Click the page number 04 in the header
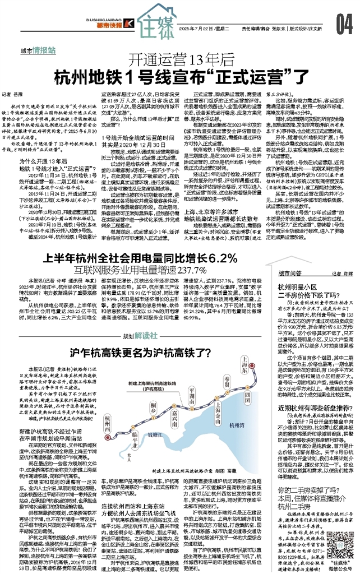344,23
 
